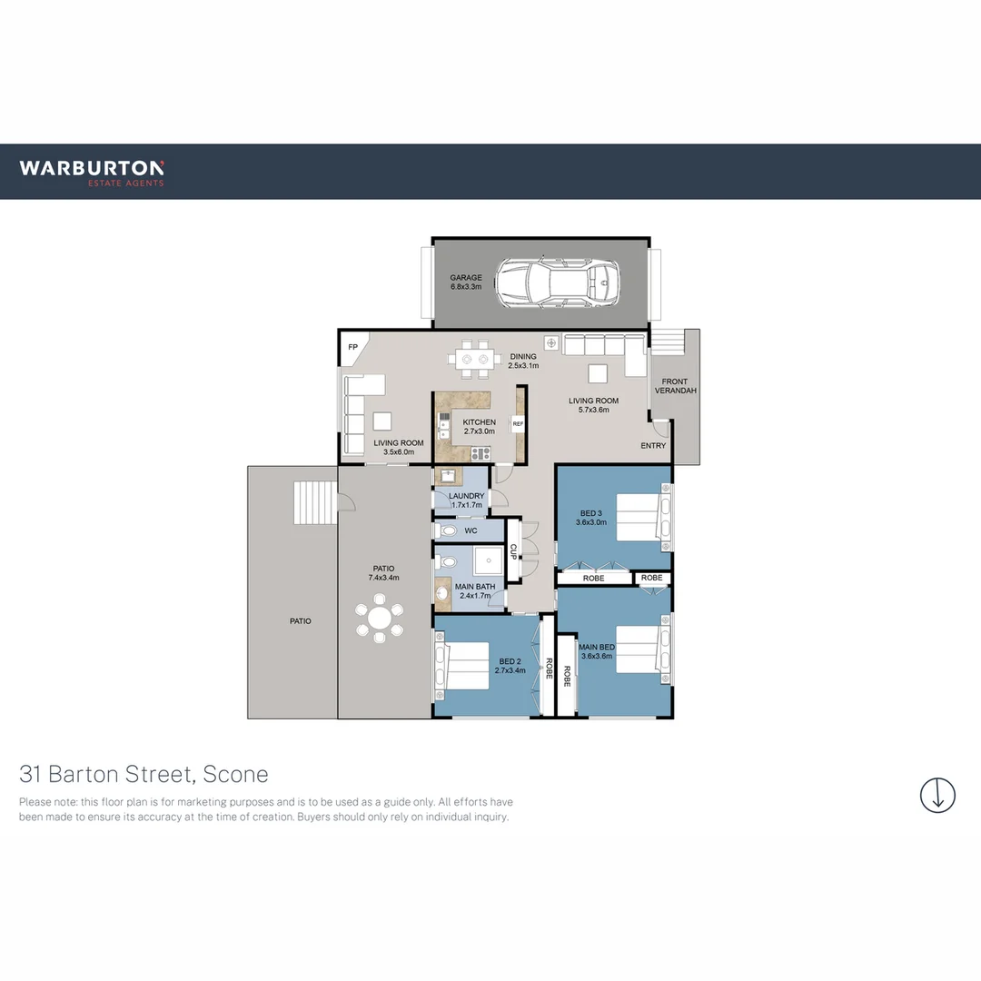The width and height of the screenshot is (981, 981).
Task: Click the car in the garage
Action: coord(558,283)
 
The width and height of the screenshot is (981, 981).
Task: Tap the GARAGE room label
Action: coord(466,282)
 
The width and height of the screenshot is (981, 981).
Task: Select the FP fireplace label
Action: coord(352,347)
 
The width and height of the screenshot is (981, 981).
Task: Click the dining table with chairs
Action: coord(475,359)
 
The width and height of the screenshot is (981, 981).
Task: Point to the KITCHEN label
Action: coord(479,427)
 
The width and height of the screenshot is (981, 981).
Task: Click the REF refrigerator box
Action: coord(518,423)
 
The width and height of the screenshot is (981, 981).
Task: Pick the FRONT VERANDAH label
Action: coord(674,386)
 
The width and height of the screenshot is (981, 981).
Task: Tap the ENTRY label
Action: coord(653,446)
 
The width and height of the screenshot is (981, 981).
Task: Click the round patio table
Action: coord(380,619)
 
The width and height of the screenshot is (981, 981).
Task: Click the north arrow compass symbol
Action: coord(937,795)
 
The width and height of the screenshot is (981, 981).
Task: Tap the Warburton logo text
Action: coord(92,168)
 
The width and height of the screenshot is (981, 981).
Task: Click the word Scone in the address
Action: coord(236,775)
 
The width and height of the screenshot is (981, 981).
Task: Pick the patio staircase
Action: coord(314,502)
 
